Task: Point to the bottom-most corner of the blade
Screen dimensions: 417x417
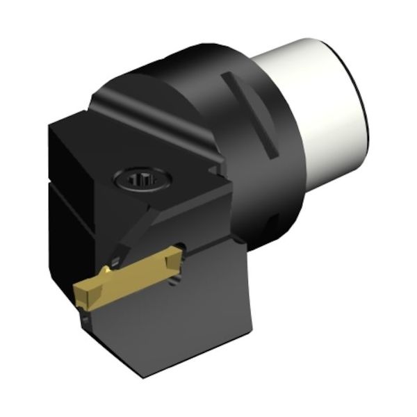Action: click(142, 376)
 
